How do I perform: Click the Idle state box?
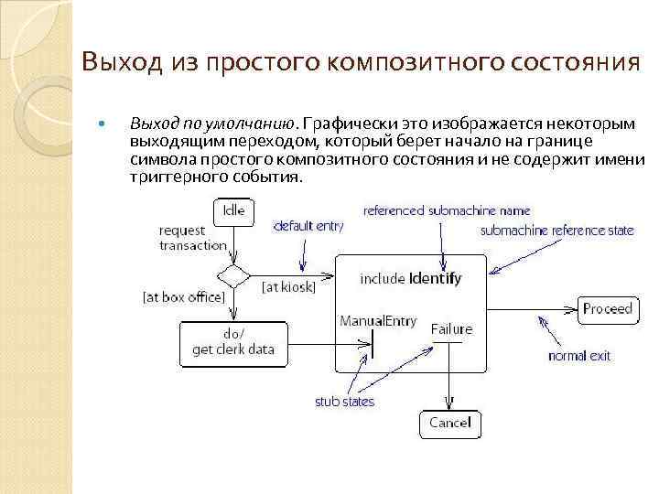tap(234, 210)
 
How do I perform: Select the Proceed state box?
tap(608, 309)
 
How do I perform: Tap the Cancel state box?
tap(449, 423)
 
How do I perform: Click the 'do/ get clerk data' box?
tap(232, 341)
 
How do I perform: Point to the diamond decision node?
tap(233, 276)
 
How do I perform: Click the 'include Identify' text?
tap(411, 278)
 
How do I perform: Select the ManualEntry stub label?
tap(378, 321)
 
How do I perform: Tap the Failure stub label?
tap(451, 329)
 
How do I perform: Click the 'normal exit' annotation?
tap(578, 356)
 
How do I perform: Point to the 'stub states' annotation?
tap(344, 402)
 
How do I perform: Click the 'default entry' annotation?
tap(308, 226)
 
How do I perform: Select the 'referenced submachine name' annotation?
tap(446, 211)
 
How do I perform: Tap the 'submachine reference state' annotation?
tap(556, 231)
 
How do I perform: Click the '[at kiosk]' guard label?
tap(288, 287)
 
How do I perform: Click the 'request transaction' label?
tap(192, 238)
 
